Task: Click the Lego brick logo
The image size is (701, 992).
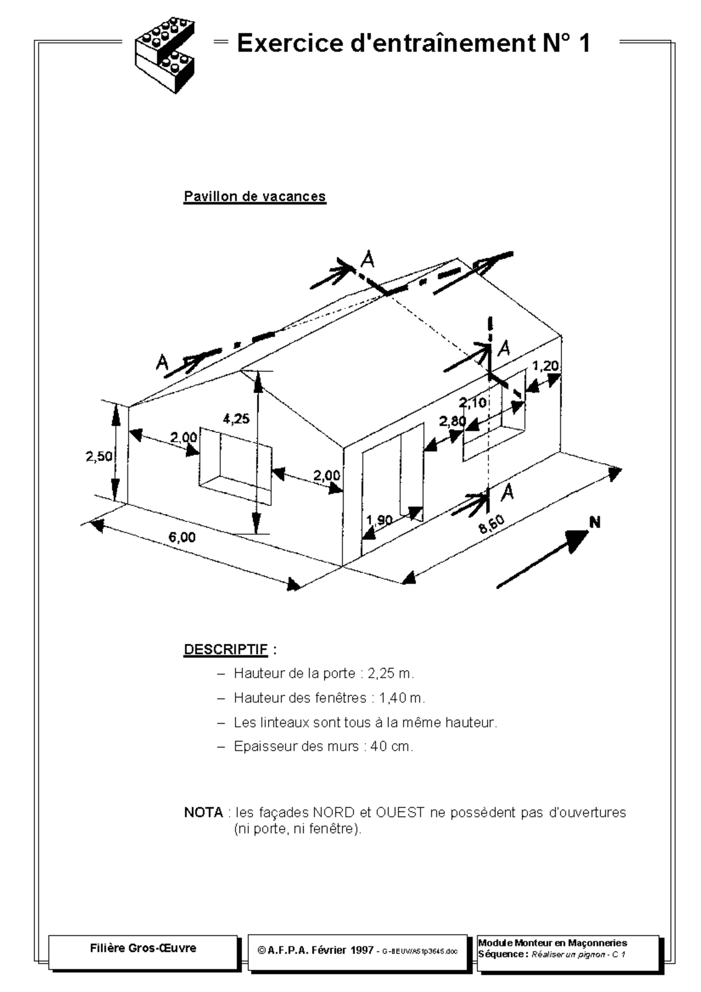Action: click(x=166, y=56)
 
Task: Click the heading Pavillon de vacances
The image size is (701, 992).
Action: click(x=255, y=196)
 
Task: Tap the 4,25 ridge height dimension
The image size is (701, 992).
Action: click(x=236, y=418)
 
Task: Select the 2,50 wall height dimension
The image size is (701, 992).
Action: click(x=99, y=456)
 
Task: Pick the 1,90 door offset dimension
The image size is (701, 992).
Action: click(x=379, y=520)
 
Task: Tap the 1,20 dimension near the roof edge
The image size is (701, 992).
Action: click(x=546, y=366)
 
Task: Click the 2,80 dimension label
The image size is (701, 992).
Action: click(x=453, y=421)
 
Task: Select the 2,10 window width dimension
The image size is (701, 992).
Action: click(x=472, y=402)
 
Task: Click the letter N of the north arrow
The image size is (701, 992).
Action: click(x=595, y=522)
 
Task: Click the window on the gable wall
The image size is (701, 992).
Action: click(x=235, y=466)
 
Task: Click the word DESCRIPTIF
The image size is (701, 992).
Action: click(x=225, y=649)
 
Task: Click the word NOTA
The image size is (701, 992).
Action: click(x=203, y=812)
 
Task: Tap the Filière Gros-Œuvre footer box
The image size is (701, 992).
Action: click(x=143, y=948)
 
